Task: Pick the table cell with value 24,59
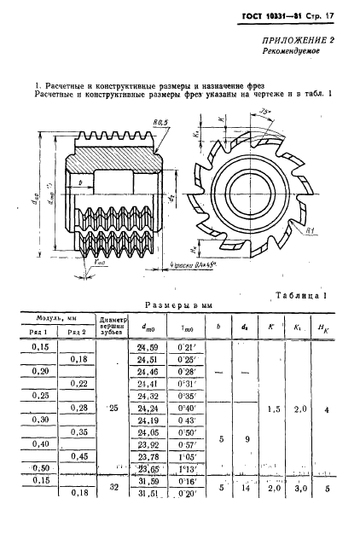136,348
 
